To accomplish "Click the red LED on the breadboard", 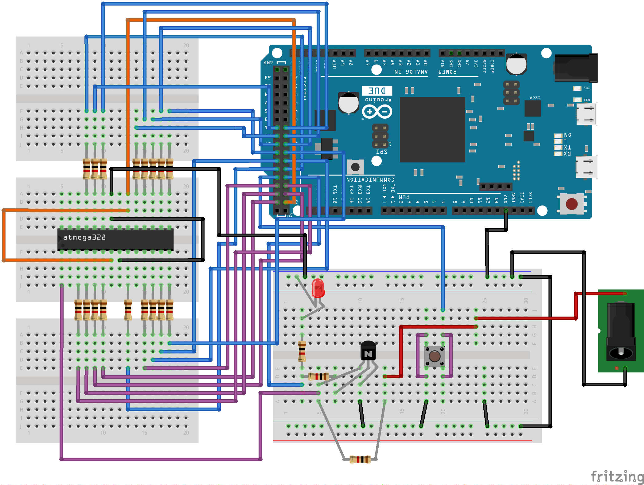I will [318, 288].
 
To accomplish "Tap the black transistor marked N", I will [368, 352].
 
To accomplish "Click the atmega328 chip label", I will [84, 237].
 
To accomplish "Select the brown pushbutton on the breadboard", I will [435, 356].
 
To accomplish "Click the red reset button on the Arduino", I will [572, 204].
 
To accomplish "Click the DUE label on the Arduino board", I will [377, 91].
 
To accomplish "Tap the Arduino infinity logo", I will [377, 112].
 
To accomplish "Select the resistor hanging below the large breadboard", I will [360, 459].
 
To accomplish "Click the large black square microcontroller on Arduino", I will [432, 130].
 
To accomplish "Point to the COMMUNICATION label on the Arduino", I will [370, 179].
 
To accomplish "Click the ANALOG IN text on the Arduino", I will [411, 72].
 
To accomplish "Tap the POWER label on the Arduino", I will [447, 72].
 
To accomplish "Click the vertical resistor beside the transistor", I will [302, 351].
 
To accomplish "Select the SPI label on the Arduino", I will [381, 152].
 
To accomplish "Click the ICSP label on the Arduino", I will [535, 97].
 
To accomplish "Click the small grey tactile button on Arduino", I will [355, 167].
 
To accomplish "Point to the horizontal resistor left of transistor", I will [319, 376].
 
